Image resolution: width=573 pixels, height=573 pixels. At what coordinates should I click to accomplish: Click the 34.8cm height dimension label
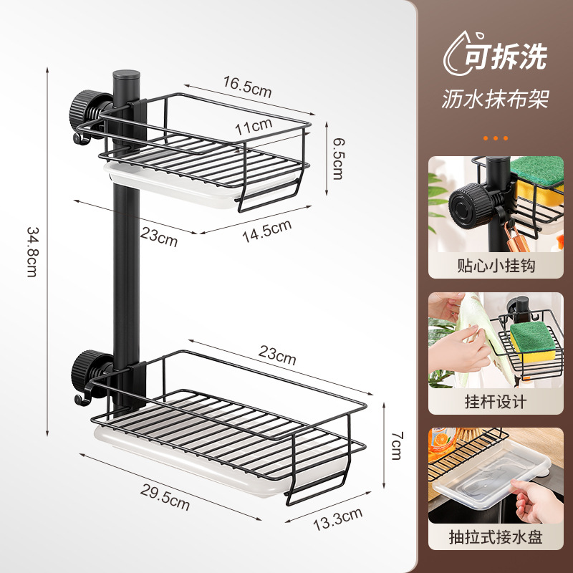[32, 252]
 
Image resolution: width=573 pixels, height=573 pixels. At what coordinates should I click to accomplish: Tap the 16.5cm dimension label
[247, 89]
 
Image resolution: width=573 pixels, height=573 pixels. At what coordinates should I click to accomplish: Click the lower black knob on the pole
[85, 368]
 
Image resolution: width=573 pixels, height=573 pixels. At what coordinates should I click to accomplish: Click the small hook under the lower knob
[81, 396]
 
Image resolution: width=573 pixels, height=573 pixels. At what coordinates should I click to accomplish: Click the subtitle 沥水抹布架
[496, 99]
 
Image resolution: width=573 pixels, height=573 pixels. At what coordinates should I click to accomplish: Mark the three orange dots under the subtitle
[496, 137]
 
